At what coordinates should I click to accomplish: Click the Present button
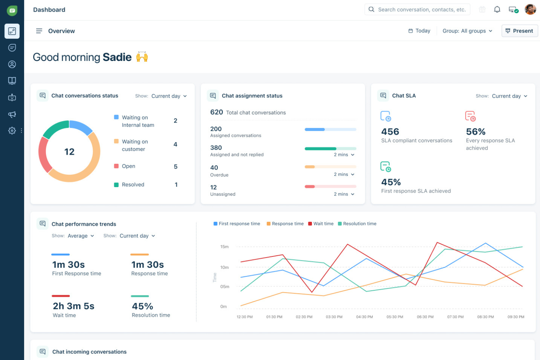pyautogui.click(x=519, y=31)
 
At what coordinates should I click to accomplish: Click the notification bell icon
pyautogui.click(x=497, y=9)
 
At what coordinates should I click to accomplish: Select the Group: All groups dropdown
pyautogui.click(x=467, y=31)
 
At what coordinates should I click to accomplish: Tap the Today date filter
pyautogui.click(x=419, y=31)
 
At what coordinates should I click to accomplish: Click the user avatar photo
pyautogui.click(x=530, y=9)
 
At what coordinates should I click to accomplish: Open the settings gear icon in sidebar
pyautogui.click(x=12, y=131)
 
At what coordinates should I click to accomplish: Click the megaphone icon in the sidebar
pyautogui.click(x=12, y=115)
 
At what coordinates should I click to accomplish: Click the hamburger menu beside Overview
pyautogui.click(x=39, y=31)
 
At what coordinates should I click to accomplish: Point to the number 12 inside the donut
pyautogui.click(x=69, y=152)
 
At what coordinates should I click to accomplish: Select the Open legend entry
pyautogui.click(x=128, y=166)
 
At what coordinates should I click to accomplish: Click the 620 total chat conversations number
pyautogui.click(x=216, y=112)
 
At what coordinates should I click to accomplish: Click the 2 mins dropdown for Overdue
pyautogui.click(x=344, y=174)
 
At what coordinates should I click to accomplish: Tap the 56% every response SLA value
pyautogui.click(x=475, y=132)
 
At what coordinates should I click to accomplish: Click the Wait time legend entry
pyautogui.click(x=321, y=224)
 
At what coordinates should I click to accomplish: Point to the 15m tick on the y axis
pyautogui.click(x=224, y=247)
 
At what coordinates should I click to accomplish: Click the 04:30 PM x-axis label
pyautogui.click(x=364, y=317)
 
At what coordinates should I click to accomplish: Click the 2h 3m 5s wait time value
pyautogui.click(x=73, y=306)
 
